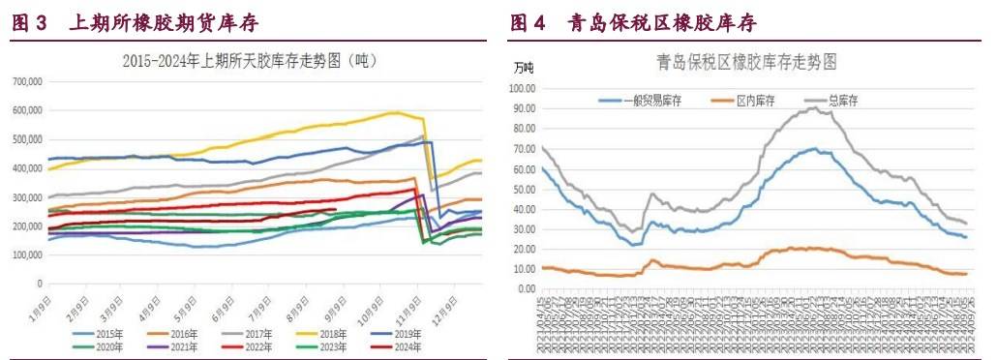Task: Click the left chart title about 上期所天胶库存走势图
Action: [x=250, y=60]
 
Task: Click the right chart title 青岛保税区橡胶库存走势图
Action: [x=746, y=61]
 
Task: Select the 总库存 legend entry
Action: [x=844, y=100]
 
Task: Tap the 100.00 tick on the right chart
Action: [x=523, y=88]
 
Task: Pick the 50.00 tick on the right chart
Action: [x=525, y=189]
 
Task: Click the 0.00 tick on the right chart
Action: [x=528, y=288]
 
